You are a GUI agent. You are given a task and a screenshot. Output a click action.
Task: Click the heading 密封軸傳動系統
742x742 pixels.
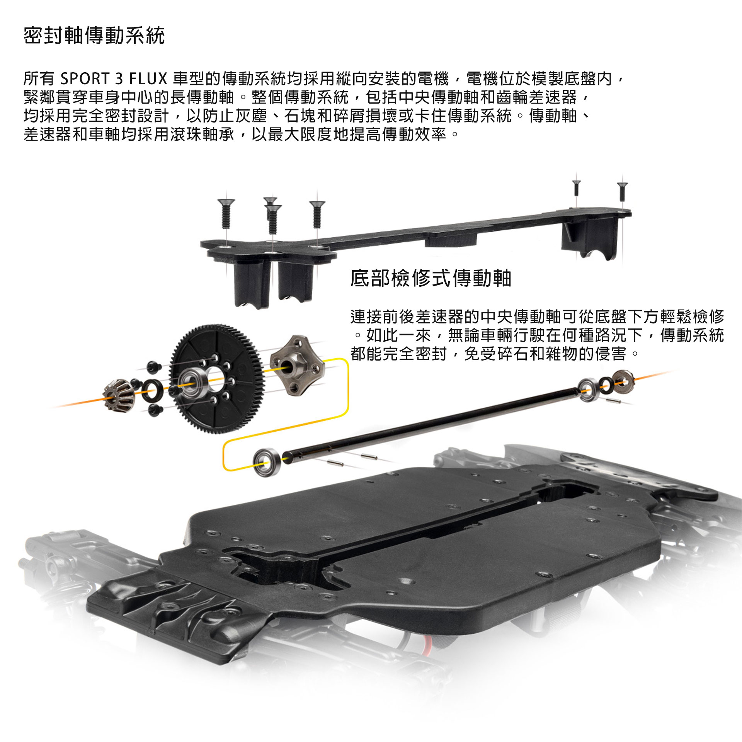[94, 36]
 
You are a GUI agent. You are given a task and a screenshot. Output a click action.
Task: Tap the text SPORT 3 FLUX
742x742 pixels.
[114, 79]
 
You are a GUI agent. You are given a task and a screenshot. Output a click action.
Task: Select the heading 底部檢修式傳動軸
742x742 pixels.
[431, 278]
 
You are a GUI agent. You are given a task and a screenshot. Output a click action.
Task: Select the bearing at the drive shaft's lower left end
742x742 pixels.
[266, 462]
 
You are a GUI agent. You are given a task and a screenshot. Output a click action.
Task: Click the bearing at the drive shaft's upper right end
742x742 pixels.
[589, 390]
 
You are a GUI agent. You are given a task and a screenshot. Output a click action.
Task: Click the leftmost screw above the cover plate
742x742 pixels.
[226, 213]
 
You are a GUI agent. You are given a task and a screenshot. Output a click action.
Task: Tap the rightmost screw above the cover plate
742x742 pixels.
[622, 192]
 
